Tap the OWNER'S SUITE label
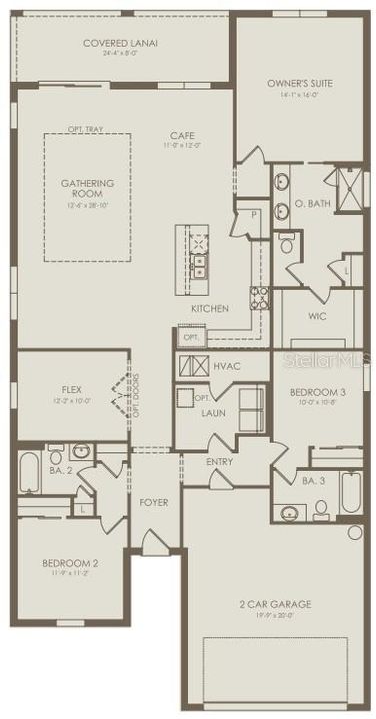point(300,83)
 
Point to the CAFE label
point(181,135)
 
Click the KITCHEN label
point(210,309)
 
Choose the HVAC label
point(227,366)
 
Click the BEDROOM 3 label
point(318,393)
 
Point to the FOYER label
point(153,502)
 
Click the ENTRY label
point(219,462)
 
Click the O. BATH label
point(312,204)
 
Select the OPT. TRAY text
point(87,130)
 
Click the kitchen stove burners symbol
point(259,296)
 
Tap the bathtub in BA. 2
point(30,473)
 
